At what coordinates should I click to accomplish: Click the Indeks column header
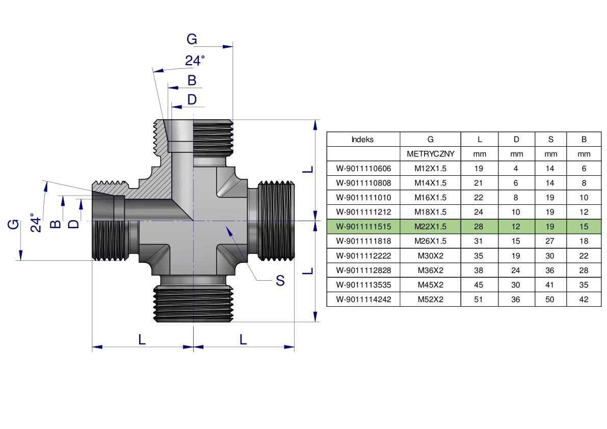363,139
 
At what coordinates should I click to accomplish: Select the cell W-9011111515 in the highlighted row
363,226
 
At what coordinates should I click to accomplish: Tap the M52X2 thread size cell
431,299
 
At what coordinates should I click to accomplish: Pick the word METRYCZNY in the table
431,154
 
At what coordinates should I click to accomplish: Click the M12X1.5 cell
431,168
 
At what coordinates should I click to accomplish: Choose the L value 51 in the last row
479,299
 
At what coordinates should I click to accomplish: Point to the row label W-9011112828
363,270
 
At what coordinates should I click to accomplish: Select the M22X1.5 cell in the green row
431,226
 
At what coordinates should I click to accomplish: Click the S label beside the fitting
280,280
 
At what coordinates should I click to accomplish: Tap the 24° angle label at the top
195,61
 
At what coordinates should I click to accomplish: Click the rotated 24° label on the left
36,223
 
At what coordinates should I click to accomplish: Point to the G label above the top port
192,39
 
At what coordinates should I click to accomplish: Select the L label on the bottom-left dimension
142,339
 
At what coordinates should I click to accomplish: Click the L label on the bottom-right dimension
243,339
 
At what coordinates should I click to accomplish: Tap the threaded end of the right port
277,221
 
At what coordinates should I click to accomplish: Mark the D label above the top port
192,99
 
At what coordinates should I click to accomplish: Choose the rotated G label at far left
14,224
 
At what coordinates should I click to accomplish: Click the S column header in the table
550,139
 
